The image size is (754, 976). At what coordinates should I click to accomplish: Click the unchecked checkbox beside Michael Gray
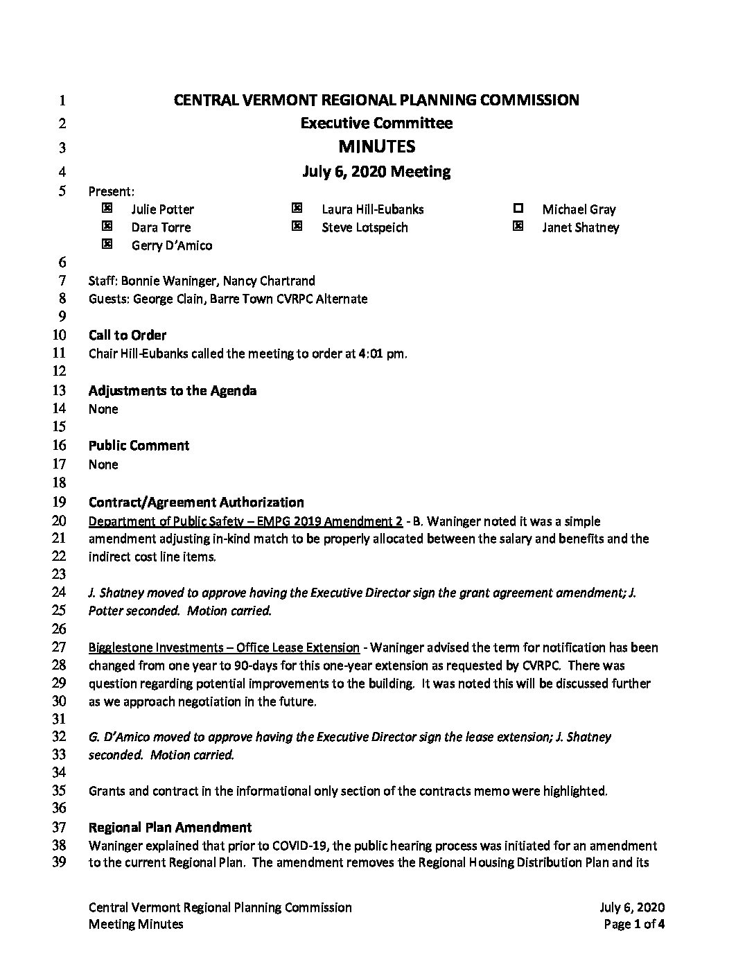point(518,208)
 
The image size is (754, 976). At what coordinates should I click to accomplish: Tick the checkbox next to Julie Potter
point(107,208)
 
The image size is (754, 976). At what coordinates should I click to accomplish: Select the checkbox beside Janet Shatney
point(518,226)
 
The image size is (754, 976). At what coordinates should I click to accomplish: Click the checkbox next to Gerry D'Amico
point(107,244)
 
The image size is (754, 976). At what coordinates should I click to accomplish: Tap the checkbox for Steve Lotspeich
point(297,226)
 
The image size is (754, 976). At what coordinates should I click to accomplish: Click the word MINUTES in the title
point(376,146)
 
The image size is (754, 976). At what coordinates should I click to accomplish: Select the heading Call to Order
point(128,335)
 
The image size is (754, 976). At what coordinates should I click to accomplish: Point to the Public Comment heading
point(139,446)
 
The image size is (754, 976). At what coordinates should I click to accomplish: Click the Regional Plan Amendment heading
point(170,827)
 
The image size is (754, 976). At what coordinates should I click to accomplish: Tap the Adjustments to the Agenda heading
point(173,391)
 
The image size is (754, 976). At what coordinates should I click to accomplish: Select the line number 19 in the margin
point(59,502)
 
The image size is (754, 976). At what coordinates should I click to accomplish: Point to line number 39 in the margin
point(59,863)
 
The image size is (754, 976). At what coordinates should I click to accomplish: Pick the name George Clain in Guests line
point(164,299)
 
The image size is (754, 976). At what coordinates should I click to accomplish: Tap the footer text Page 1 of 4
point(634,923)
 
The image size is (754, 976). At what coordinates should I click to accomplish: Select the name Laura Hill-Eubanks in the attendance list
point(373,209)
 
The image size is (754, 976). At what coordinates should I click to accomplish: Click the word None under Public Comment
point(103,464)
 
